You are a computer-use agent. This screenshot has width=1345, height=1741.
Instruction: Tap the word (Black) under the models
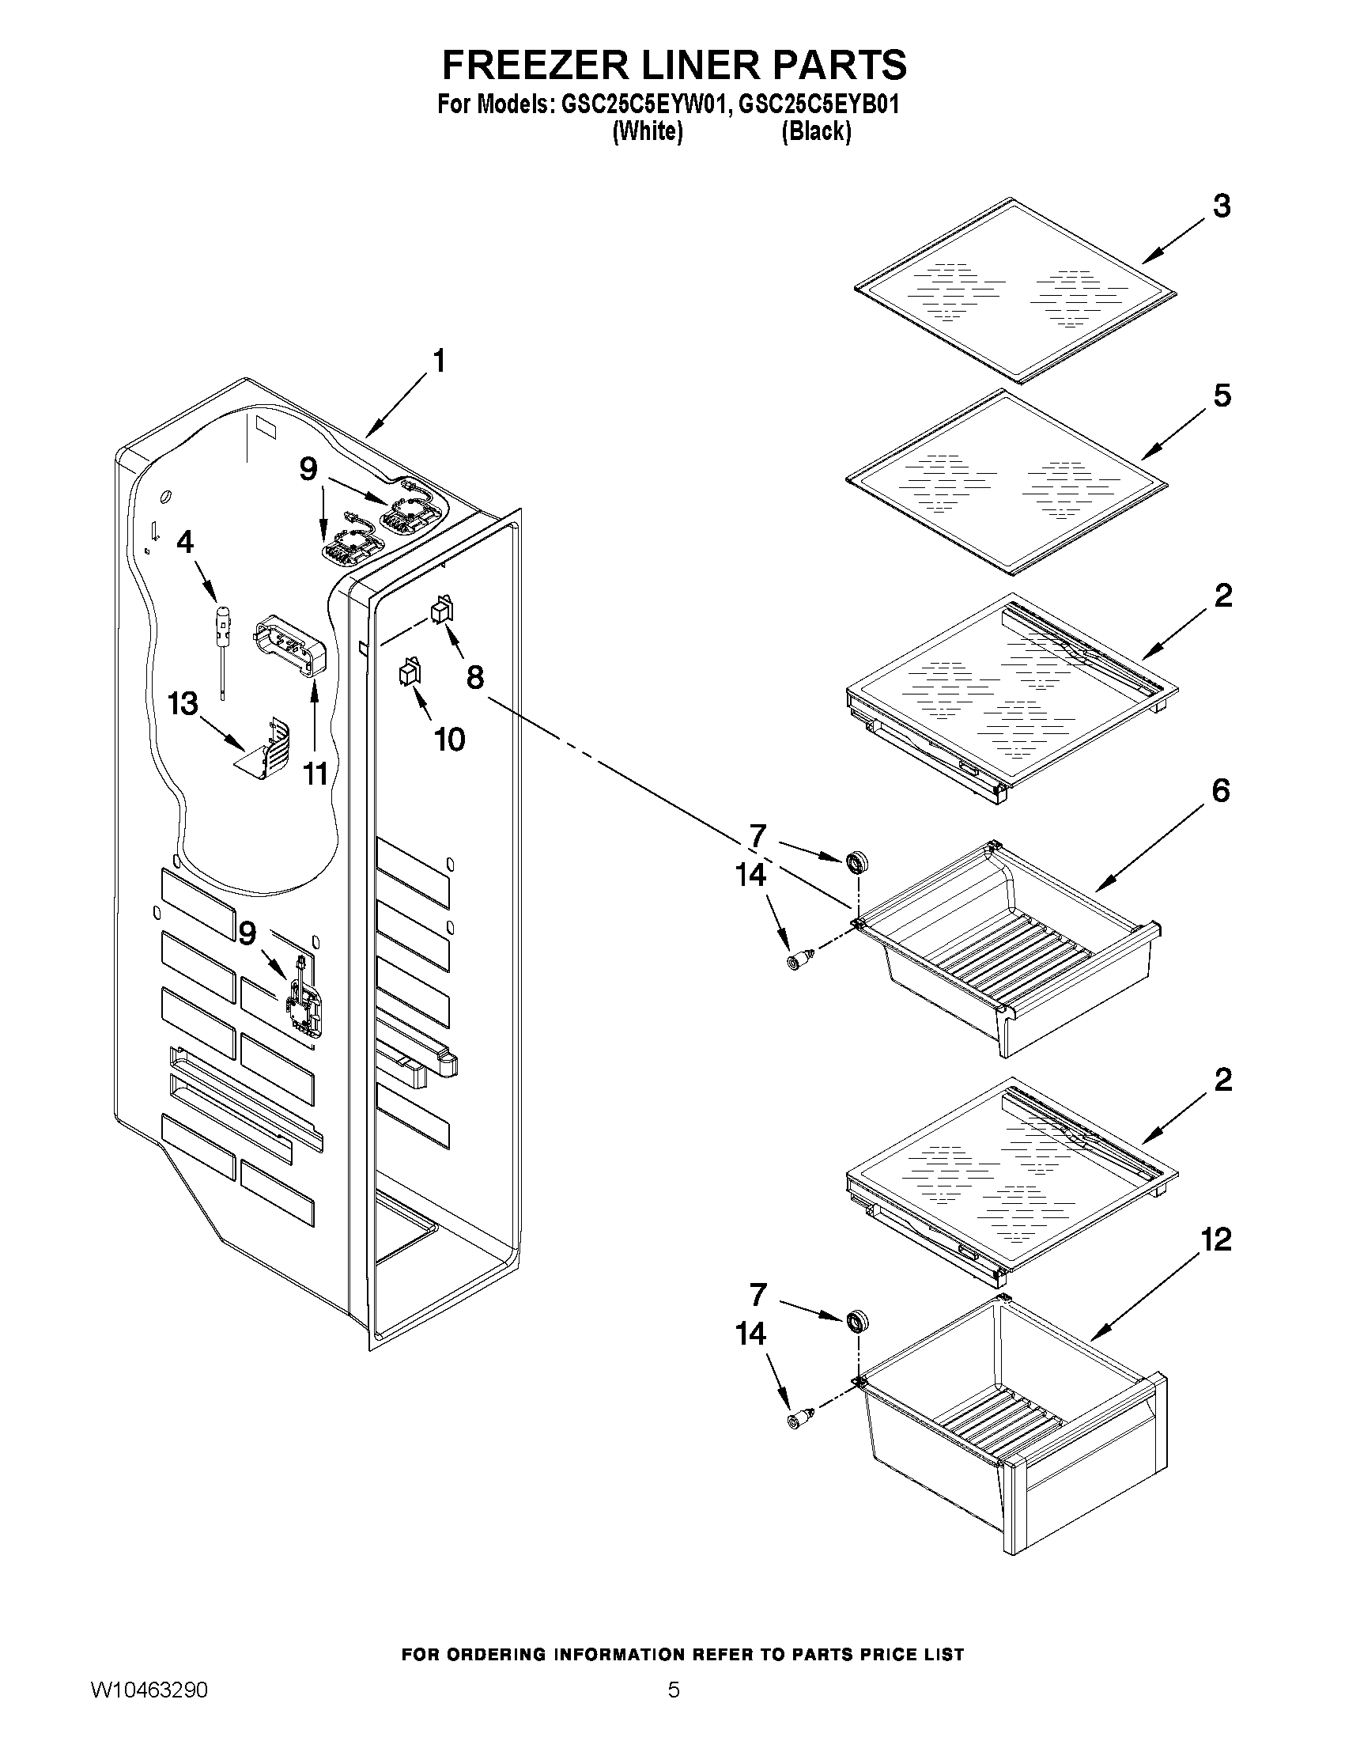click(x=816, y=131)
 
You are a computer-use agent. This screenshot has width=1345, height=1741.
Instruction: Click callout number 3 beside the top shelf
click(x=1221, y=206)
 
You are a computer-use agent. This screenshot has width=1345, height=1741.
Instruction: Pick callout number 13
click(x=183, y=704)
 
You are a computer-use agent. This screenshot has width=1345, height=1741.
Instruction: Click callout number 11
click(x=315, y=773)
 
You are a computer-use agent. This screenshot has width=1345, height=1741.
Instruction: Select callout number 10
click(x=449, y=740)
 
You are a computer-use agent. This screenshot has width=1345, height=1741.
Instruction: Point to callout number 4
click(x=184, y=542)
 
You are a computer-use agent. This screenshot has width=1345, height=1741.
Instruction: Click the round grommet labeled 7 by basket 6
click(x=856, y=861)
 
